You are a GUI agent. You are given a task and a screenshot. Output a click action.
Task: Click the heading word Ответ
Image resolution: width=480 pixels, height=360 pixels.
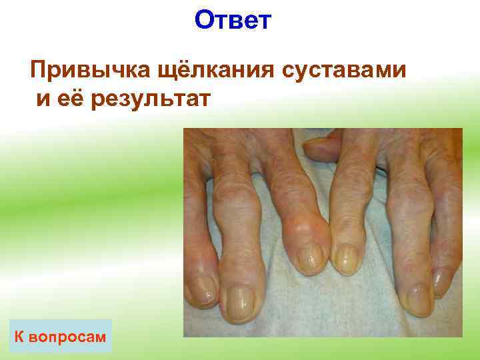[233, 21]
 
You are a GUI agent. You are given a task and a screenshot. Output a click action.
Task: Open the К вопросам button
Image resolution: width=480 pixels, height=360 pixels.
[61, 336]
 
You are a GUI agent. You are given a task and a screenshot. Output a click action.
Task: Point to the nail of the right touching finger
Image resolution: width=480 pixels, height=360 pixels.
[345, 259]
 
